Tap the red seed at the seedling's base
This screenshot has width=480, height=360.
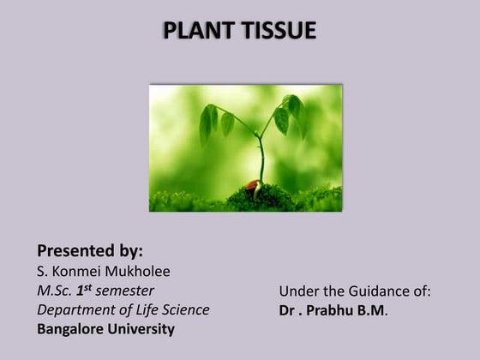click(x=251, y=184)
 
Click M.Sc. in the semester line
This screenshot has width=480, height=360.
click(x=56, y=291)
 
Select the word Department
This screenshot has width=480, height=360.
click(x=75, y=309)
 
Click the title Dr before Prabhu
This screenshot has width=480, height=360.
click(x=288, y=310)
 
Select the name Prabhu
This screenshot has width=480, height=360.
click(x=336, y=310)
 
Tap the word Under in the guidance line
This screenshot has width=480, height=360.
click(x=298, y=291)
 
